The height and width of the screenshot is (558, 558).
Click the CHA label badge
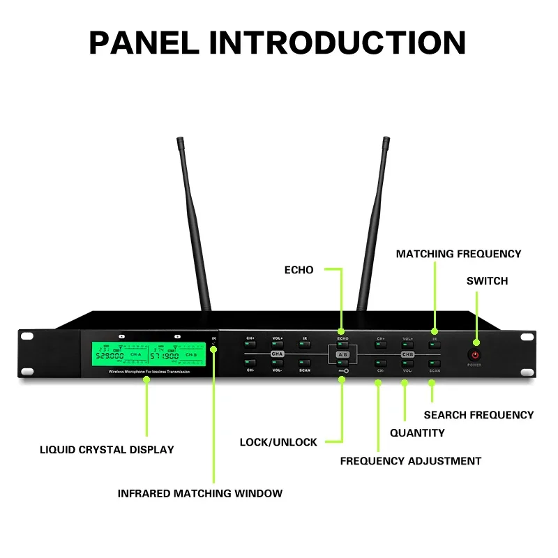(x=278, y=354)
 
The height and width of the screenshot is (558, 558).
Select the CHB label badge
(x=407, y=354)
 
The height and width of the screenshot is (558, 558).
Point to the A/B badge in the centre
(x=342, y=354)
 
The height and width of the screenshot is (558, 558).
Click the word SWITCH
(x=487, y=281)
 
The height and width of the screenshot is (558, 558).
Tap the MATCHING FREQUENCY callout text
(x=458, y=254)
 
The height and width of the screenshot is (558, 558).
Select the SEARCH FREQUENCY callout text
(x=478, y=415)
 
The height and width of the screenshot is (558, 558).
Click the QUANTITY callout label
(x=417, y=433)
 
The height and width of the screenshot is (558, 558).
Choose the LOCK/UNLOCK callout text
(x=278, y=442)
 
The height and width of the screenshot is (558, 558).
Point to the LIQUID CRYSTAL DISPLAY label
(x=107, y=450)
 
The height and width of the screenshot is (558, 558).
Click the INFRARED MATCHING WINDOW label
(x=200, y=494)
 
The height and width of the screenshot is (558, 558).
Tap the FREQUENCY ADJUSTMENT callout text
(x=410, y=461)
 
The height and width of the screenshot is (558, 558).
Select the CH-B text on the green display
(x=191, y=355)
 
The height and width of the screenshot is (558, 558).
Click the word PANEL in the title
(x=142, y=43)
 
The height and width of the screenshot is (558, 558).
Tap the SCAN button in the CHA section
(x=305, y=363)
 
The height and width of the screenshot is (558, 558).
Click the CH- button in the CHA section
(x=250, y=363)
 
